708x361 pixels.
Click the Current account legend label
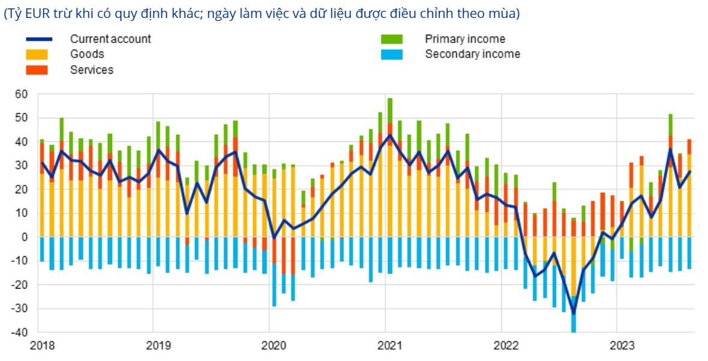pyautogui.click(x=110, y=39)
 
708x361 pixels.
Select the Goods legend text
pyautogui.click(x=87, y=54)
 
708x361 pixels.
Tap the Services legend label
pyautogui.click(x=92, y=69)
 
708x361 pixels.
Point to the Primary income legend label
pyautogui.click(x=465, y=39)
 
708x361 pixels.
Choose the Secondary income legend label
pyautogui.click(x=472, y=54)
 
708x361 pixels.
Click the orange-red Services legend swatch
pyautogui.click(x=37, y=69)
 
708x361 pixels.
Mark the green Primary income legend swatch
pyautogui.click(x=391, y=39)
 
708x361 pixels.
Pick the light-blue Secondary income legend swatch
pyautogui.click(x=391, y=54)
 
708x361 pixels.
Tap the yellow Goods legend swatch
pyautogui.click(x=37, y=54)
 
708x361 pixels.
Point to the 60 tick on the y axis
pyautogui.click(x=22, y=94)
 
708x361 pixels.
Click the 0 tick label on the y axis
pyautogui.click(x=25, y=237)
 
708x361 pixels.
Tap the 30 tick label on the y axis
pyautogui.click(x=22, y=166)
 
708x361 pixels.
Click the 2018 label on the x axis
pyautogui.click(x=41, y=345)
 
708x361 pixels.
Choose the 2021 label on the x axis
pyautogui.click(x=388, y=345)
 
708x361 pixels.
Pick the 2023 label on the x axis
pyautogui.click(x=620, y=345)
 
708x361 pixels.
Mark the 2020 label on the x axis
pyautogui.click(x=273, y=345)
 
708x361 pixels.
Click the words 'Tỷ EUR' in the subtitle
pyautogui.click(x=25, y=14)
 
